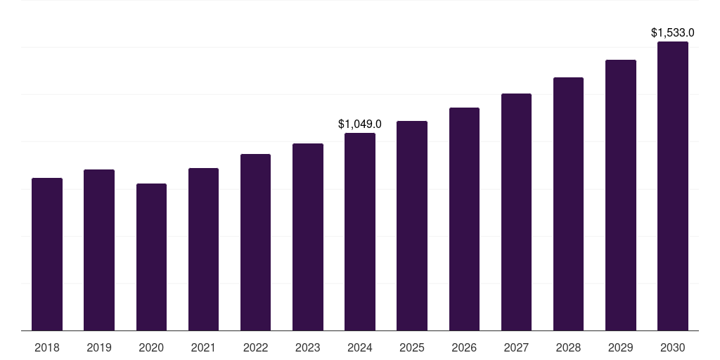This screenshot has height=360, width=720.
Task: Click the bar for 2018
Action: (47, 254)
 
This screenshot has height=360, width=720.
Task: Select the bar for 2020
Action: (151, 257)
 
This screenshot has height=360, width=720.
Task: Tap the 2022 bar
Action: (255, 242)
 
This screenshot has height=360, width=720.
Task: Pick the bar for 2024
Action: (360, 231)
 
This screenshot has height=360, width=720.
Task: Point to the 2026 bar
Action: (464, 219)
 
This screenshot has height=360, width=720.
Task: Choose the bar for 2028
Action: (568, 204)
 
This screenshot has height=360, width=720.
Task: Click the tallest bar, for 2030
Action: (673, 186)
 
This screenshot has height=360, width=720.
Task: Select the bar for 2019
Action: (99, 250)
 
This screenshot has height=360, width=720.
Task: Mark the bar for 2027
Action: (516, 212)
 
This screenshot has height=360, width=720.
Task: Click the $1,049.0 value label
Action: (360, 124)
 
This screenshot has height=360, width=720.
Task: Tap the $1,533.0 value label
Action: (673, 33)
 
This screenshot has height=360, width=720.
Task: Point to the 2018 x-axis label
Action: (47, 347)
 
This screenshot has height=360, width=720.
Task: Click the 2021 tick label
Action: (203, 347)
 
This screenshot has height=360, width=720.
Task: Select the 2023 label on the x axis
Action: (308, 347)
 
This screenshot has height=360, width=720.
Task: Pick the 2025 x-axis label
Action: (412, 347)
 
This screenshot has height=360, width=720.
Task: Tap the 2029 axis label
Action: (621, 347)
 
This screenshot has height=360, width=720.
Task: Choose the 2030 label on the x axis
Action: (673, 347)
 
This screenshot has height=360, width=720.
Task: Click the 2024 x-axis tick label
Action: (360, 347)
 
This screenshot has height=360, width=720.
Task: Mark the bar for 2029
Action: (621, 195)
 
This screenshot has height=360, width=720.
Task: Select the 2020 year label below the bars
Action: (151, 347)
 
